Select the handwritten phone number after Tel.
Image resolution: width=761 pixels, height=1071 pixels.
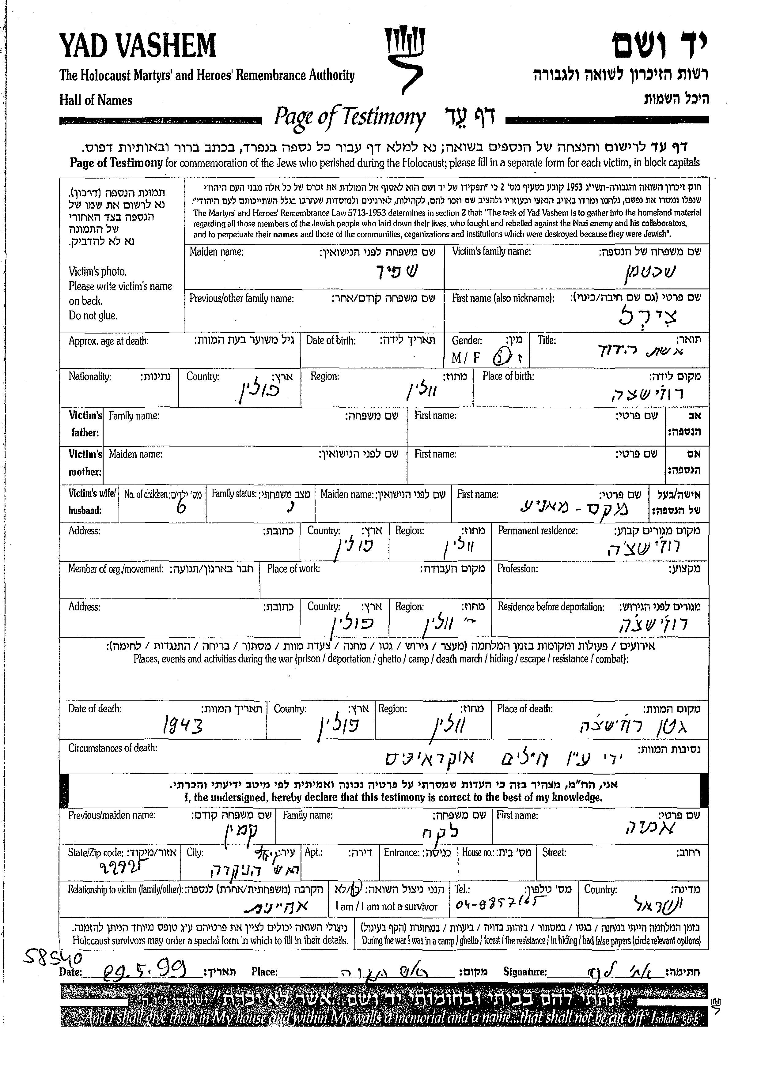click(495, 904)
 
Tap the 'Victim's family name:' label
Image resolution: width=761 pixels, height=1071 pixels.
click(491, 251)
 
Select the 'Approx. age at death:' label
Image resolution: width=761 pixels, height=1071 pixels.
click(109, 341)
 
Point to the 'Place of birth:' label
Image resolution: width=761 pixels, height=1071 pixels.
click(508, 376)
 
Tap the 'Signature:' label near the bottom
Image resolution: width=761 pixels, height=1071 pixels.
click(525, 972)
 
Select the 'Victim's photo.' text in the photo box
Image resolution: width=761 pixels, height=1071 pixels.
click(97, 271)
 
